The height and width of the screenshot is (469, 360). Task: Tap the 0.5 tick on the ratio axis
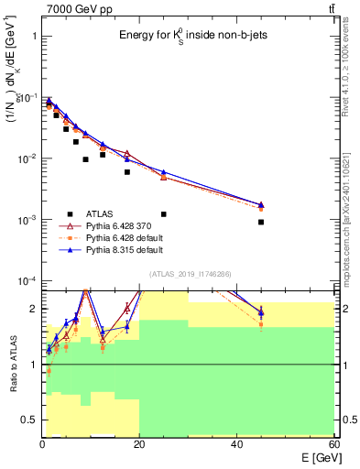(x=30, y=420)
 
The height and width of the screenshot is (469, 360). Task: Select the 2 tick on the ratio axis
(x=33, y=309)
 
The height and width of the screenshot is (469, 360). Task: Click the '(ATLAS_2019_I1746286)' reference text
(x=191, y=274)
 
